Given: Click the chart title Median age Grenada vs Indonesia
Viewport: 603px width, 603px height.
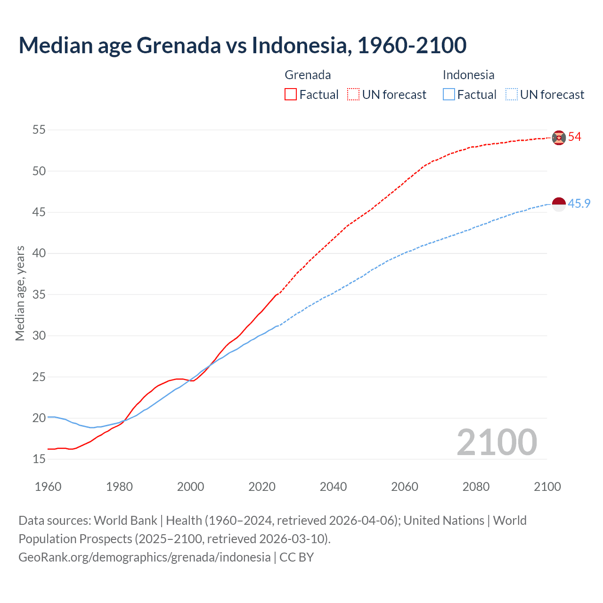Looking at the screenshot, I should click(x=242, y=45).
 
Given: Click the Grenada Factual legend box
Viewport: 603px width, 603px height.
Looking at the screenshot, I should click(x=291, y=95).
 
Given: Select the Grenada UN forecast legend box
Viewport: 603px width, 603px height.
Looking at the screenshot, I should click(x=353, y=95).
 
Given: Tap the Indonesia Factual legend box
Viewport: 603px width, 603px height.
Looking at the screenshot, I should click(x=448, y=95).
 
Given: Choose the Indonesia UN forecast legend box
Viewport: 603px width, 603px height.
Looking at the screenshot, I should click(x=511, y=95).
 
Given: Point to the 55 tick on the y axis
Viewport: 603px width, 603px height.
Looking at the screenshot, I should click(x=39, y=130).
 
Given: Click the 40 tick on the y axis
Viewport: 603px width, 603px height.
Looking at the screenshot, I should click(x=39, y=253).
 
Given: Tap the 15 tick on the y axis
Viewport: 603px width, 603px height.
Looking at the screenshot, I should click(x=39, y=459).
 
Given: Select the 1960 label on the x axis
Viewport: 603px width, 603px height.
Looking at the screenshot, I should click(x=48, y=487).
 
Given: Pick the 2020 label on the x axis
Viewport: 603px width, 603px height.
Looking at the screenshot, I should click(x=262, y=487).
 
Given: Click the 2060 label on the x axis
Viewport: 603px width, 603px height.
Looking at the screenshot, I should click(x=405, y=487).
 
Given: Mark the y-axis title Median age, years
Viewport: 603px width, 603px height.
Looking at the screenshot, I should click(x=20, y=293).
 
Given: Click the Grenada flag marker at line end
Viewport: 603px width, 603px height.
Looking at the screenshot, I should click(x=559, y=137).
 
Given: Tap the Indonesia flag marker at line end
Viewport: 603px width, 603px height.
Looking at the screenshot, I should click(x=559, y=204).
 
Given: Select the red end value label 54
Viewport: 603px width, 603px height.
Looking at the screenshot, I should click(x=575, y=137).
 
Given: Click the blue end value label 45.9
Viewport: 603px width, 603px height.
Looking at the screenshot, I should click(x=579, y=204).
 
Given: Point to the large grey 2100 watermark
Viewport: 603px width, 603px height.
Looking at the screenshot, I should click(x=497, y=442).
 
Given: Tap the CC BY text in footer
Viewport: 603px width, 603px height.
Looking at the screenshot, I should click(x=297, y=557).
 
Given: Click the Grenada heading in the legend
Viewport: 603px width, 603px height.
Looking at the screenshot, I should click(x=308, y=75).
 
